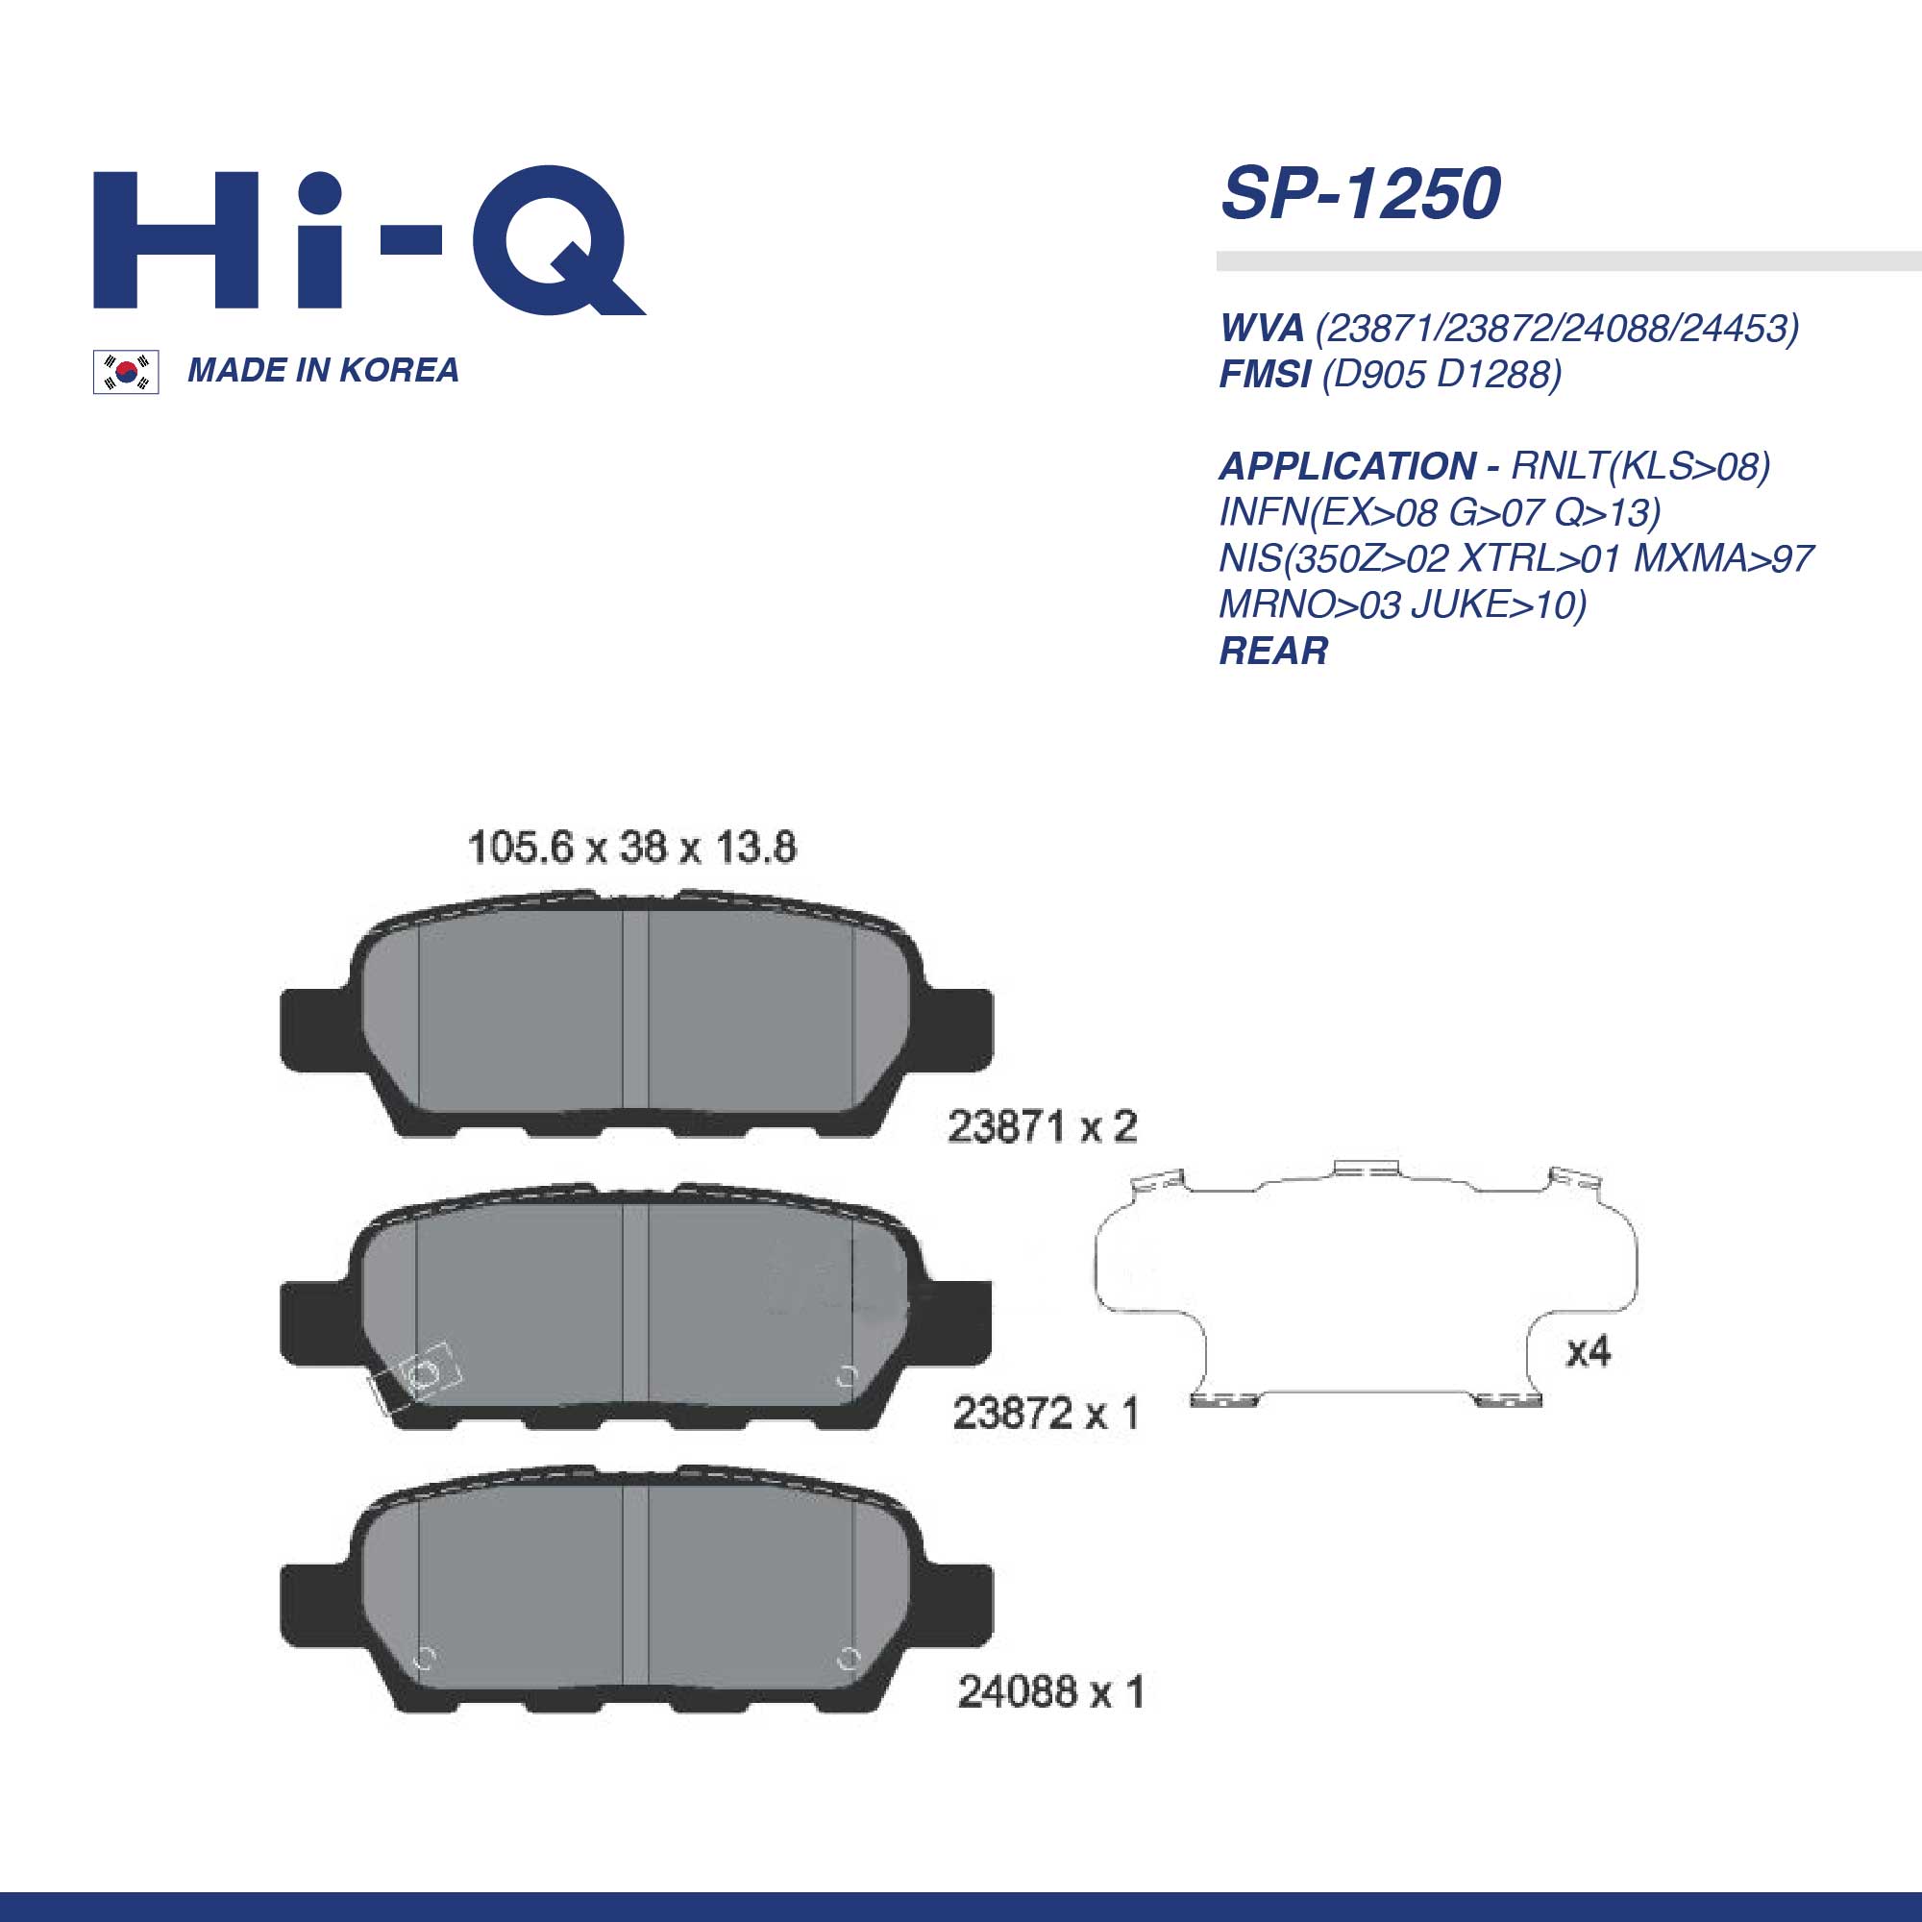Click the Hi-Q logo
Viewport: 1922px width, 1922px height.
[369, 242]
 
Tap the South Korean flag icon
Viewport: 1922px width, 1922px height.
[125, 372]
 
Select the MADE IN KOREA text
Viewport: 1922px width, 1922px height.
[323, 370]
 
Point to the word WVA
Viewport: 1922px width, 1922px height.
[1262, 328]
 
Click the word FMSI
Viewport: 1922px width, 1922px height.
[1265, 374]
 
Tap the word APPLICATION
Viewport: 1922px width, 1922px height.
[1348, 465]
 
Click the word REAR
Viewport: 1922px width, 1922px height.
[1273, 651]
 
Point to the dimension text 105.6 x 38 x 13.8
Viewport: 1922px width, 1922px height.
[631, 848]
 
